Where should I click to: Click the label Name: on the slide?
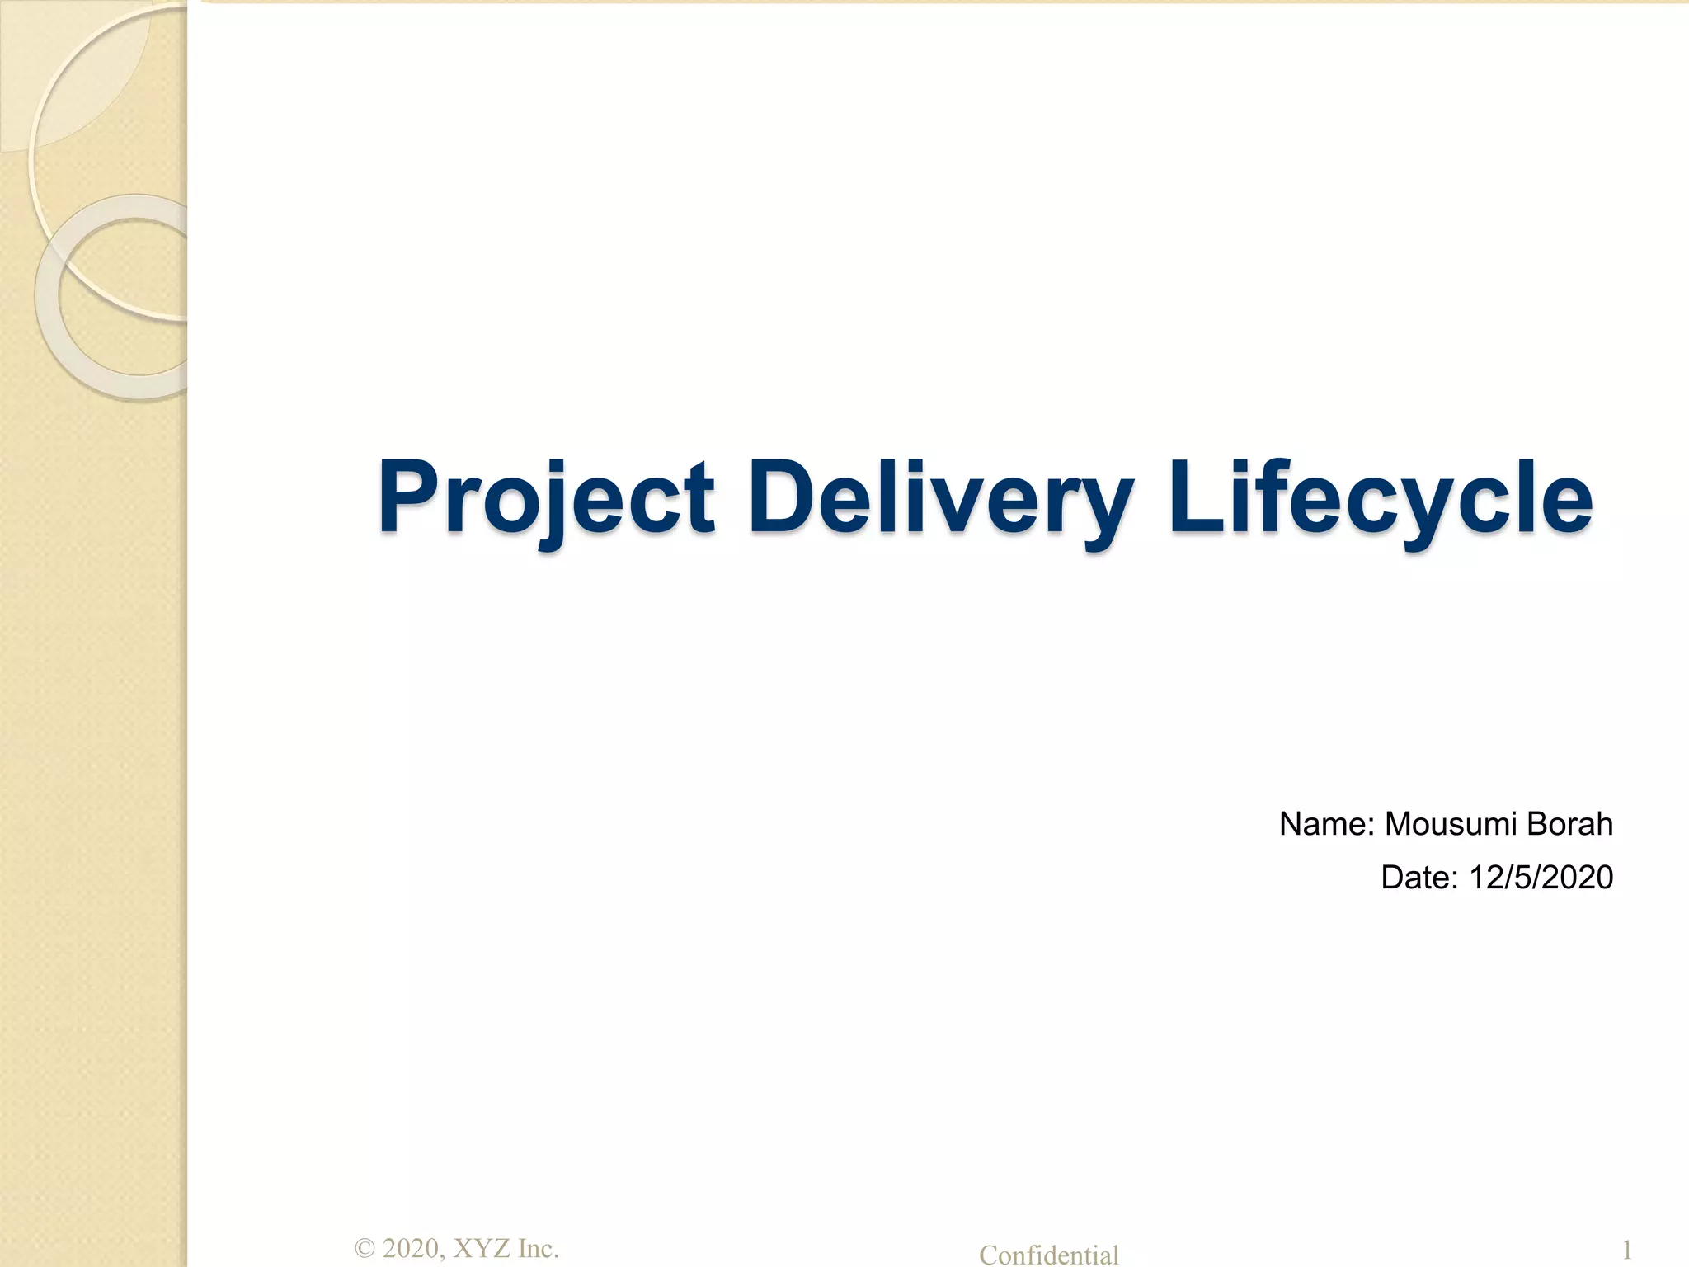coord(1326,824)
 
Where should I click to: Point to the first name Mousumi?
coord(1451,824)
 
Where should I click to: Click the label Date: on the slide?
coord(1419,877)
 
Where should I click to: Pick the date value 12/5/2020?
coord(1541,877)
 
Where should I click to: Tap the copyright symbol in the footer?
coord(365,1249)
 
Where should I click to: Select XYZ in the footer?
coord(482,1249)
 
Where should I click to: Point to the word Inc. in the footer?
coord(538,1249)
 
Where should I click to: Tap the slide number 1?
coord(1626,1250)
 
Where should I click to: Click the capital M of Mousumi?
coord(1399,824)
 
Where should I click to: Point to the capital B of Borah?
coord(1536,824)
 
